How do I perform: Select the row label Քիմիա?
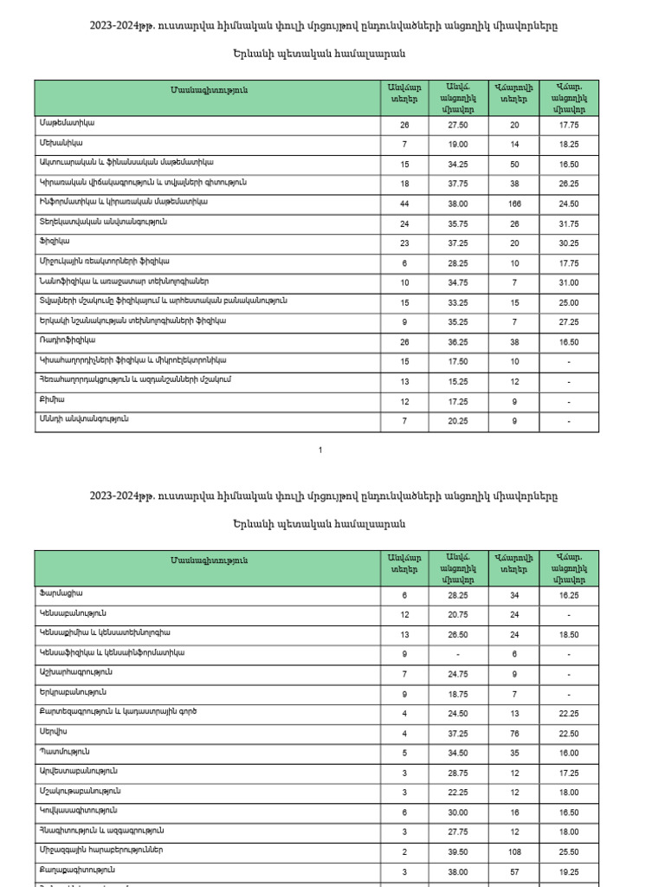pyautogui.click(x=52, y=399)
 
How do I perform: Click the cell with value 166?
pyautogui.click(x=514, y=203)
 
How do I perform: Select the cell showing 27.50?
pyautogui.click(x=457, y=125)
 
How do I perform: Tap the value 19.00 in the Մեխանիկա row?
pyautogui.click(x=457, y=144)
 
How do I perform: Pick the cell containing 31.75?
pyautogui.click(x=568, y=223)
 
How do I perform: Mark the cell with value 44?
pyautogui.click(x=404, y=203)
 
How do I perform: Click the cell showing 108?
pyautogui.click(x=514, y=851)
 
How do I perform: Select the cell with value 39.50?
pyautogui.click(x=457, y=851)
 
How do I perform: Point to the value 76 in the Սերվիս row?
pyautogui.click(x=514, y=733)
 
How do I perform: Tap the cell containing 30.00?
pyautogui.click(x=457, y=812)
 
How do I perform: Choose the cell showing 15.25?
pyautogui.click(x=457, y=381)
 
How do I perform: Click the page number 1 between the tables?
pyautogui.click(x=320, y=450)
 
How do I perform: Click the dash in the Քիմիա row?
pyautogui.click(x=568, y=401)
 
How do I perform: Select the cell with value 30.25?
pyautogui.click(x=568, y=243)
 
